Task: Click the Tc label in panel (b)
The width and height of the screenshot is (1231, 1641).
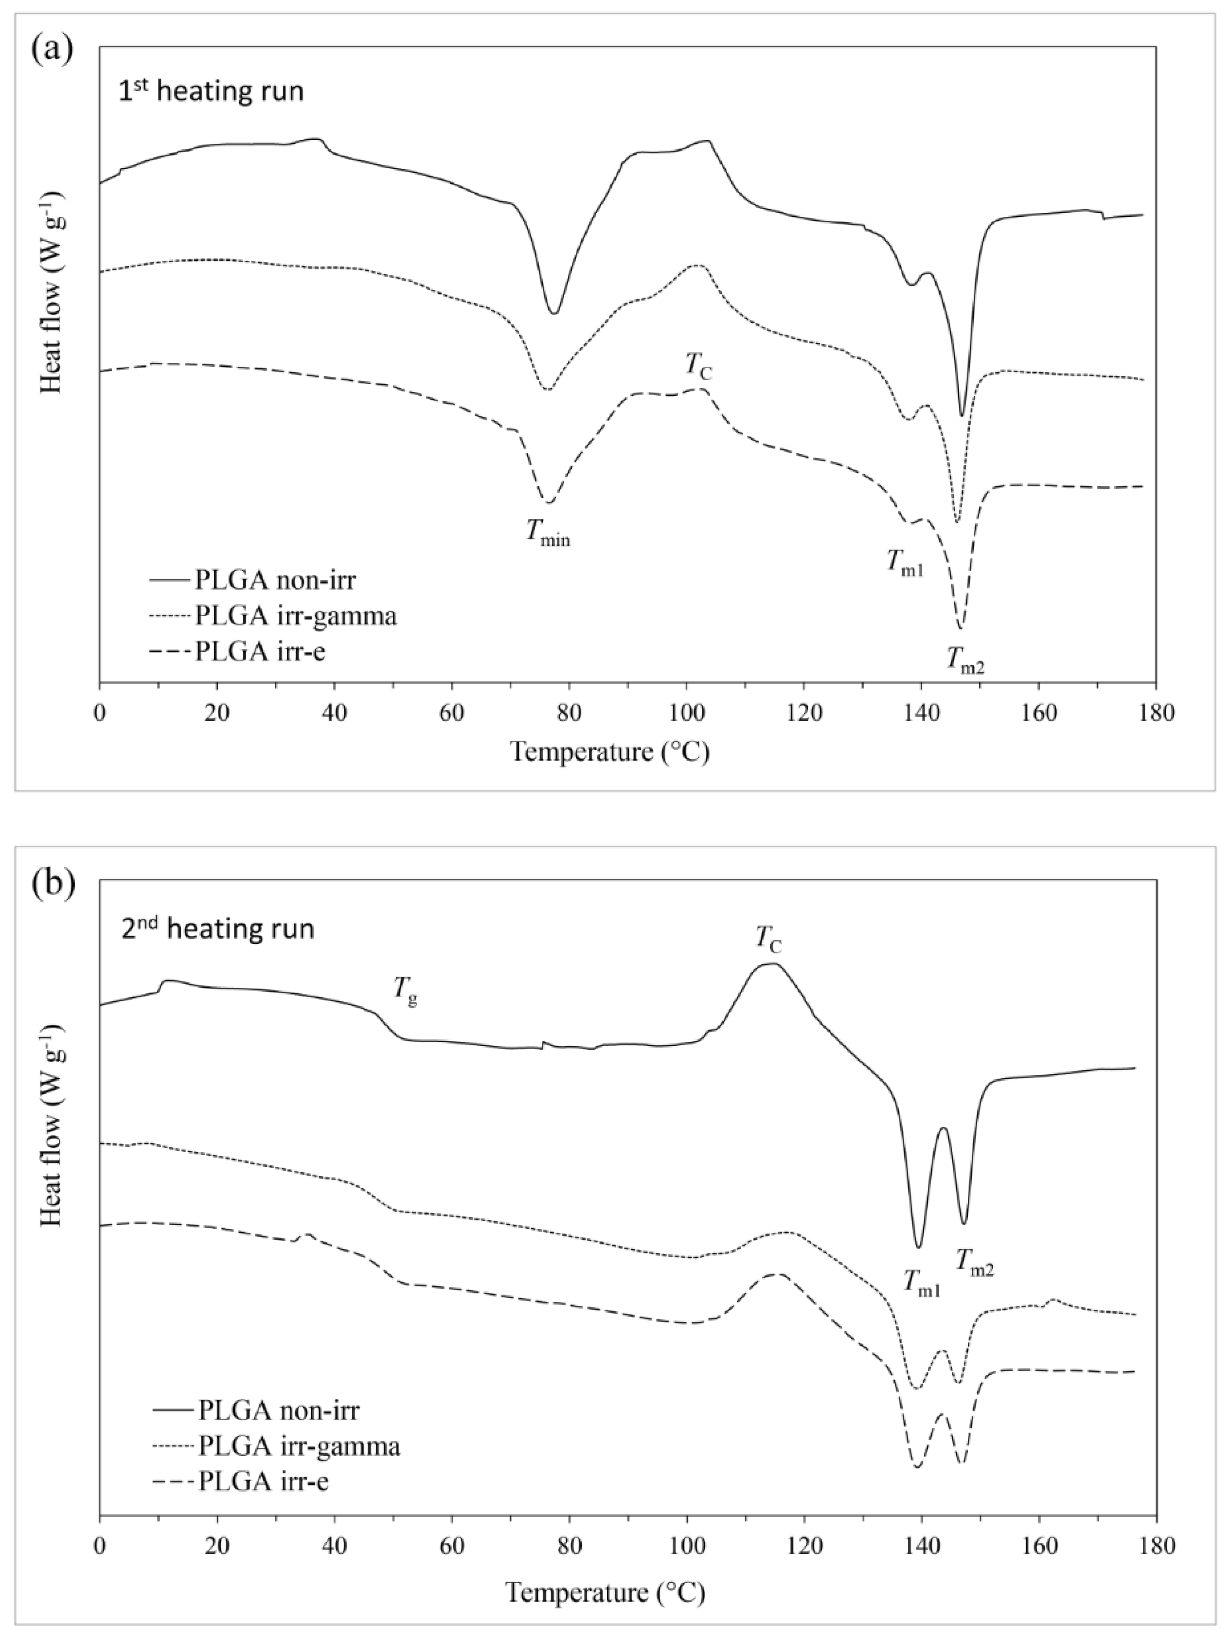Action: pos(769,939)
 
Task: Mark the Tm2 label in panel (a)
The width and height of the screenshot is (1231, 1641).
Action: pos(964,660)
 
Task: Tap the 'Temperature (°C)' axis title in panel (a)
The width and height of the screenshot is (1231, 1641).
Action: pos(610,753)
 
